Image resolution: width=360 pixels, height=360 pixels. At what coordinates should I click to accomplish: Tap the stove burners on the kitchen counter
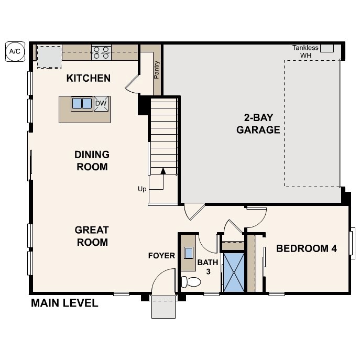[x=101, y=51]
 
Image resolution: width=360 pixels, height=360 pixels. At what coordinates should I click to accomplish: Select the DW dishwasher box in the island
[x=101, y=104]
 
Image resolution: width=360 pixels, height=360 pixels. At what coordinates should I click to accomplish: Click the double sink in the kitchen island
[x=82, y=103]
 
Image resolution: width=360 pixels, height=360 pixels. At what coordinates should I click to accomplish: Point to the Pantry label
[x=156, y=70]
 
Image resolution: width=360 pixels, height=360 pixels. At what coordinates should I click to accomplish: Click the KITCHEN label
[x=89, y=79]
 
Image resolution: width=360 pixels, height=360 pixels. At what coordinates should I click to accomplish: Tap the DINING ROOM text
[x=92, y=161]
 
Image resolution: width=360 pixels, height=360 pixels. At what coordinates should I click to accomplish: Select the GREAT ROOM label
[x=92, y=236]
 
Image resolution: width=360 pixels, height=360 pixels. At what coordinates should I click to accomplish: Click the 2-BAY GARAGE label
[x=258, y=124]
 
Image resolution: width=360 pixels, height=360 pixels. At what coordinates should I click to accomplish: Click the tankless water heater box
[x=327, y=48]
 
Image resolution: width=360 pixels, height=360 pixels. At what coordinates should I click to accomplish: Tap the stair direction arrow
[x=163, y=171]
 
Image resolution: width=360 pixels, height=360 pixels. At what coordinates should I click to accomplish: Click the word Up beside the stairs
[x=142, y=189]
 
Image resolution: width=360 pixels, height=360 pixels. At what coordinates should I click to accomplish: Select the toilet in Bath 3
[x=191, y=282]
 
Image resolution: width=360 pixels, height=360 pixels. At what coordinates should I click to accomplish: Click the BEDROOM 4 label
[x=307, y=248]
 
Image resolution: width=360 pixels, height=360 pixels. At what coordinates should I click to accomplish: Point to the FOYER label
[x=161, y=256]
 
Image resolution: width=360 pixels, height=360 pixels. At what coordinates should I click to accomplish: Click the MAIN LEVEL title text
[x=64, y=303]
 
